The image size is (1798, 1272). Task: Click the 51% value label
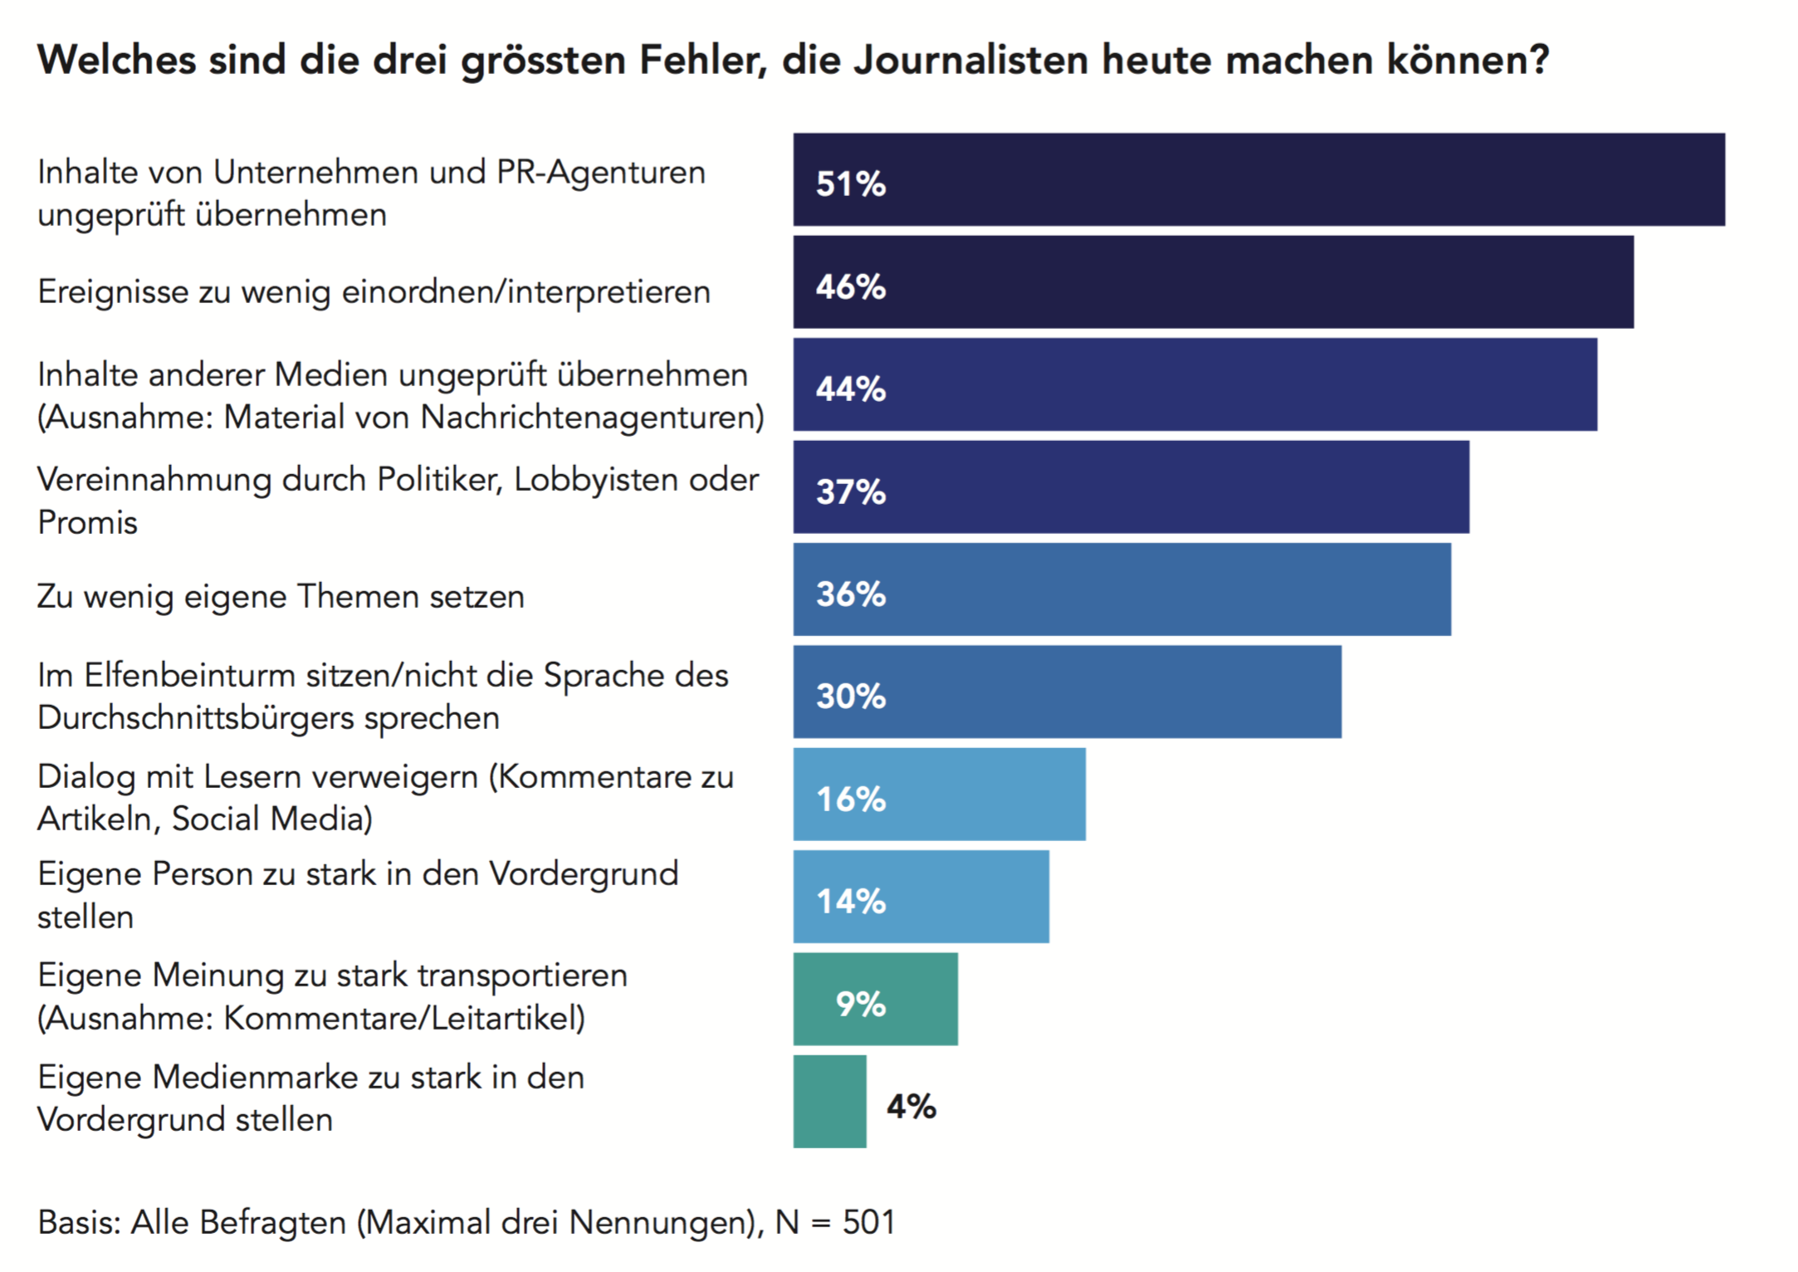851,183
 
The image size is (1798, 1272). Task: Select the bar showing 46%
1213,282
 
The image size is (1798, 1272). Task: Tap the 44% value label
851,389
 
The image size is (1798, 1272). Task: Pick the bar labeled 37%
1131,487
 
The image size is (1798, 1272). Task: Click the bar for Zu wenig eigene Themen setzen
1121,590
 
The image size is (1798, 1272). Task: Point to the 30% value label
851,696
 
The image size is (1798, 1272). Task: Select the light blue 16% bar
939,795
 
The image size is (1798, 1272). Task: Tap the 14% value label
851,901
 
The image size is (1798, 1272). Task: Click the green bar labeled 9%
875,999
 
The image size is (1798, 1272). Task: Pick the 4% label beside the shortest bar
911,1106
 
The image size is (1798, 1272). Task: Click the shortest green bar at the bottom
829,1102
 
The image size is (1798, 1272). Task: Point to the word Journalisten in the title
970,60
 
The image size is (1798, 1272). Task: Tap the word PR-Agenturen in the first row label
601,173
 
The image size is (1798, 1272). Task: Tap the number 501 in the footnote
868,1222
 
